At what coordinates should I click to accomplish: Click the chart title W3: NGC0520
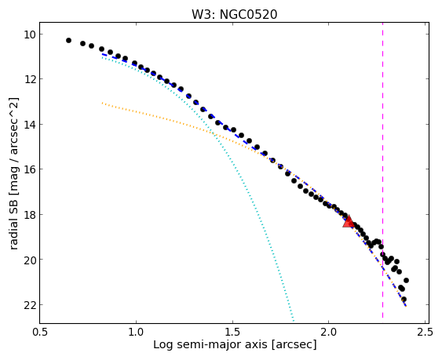click(235, 14)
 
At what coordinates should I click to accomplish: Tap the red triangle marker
click(349, 221)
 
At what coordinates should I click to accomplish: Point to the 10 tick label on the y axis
click(30, 35)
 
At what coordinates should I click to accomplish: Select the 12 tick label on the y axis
click(30, 79)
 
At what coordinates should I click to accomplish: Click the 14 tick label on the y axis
click(30, 124)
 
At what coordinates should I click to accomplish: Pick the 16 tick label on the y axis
click(30, 169)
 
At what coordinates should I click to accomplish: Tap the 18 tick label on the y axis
click(30, 214)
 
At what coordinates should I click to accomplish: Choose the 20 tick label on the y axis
click(30, 260)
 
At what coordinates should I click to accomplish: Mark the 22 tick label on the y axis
click(30, 305)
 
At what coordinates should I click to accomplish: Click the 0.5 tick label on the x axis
click(40, 333)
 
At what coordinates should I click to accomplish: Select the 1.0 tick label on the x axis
click(136, 333)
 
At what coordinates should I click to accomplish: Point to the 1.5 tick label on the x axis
click(232, 333)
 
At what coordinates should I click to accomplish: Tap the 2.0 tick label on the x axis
click(329, 333)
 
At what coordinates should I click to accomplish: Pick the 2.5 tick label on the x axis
click(425, 333)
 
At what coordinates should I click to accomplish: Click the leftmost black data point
click(68, 41)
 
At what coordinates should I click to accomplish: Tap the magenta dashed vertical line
click(382, 170)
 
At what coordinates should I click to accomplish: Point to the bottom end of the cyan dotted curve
click(294, 321)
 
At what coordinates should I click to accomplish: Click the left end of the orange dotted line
click(102, 103)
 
